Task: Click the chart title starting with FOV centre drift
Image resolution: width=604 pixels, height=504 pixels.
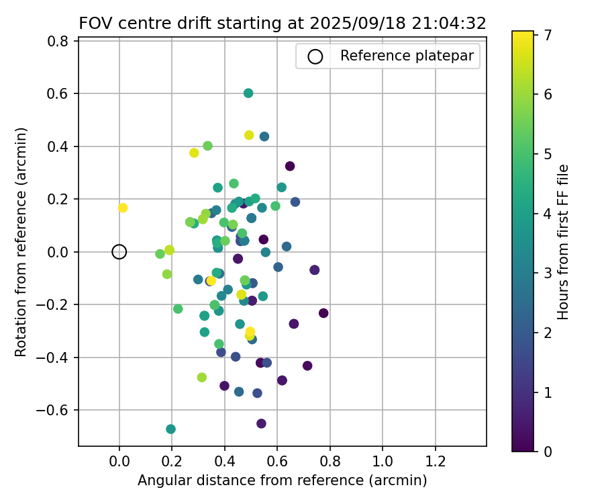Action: pyautogui.click(x=283, y=23)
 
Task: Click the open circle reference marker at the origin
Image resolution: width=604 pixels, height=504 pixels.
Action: pyautogui.click(x=119, y=252)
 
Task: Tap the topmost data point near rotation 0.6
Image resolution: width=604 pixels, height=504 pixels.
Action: pyautogui.click(x=248, y=93)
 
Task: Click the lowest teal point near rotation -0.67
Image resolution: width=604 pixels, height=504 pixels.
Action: pyautogui.click(x=170, y=429)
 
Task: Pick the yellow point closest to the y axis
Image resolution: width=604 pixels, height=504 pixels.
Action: pyautogui.click(x=123, y=208)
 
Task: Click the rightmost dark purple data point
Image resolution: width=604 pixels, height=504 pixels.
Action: pyautogui.click(x=323, y=313)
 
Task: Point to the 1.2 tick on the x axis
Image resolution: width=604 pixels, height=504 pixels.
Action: pyautogui.click(x=436, y=463)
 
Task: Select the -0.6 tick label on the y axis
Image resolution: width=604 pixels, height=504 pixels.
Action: pyautogui.click(x=57, y=410)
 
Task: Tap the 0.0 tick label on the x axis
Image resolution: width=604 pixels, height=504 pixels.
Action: pyautogui.click(x=119, y=463)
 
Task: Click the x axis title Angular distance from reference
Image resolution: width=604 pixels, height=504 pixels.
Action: pyautogui.click(x=283, y=481)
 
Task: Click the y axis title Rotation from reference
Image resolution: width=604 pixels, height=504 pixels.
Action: pyautogui.click(x=21, y=242)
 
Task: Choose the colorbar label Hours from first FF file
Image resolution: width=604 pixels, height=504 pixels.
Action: pyautogui.click(x=564, y=242)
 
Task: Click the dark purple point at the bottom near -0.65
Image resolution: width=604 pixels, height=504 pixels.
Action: pyautogui.click(x=261, y=423)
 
